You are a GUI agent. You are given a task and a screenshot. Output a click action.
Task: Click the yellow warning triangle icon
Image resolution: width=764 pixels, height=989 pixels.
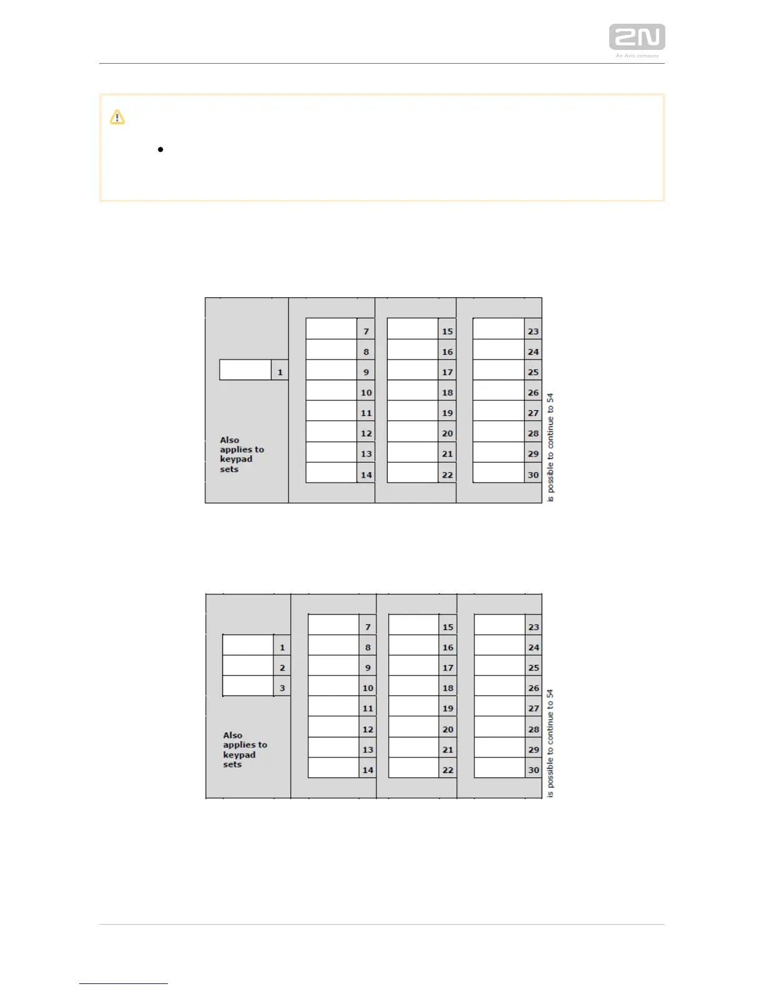tap(117, 117)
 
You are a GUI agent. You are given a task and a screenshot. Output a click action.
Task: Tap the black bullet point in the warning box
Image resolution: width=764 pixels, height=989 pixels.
tap(161, 150)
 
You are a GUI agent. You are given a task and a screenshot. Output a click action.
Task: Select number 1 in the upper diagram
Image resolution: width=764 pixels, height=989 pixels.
tap(280, 372)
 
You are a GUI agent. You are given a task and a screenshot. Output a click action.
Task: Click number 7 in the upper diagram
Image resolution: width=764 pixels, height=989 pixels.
tap(366, 332)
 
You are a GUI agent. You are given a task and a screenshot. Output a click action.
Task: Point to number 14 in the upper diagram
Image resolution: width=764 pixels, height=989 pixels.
tap(366, 475)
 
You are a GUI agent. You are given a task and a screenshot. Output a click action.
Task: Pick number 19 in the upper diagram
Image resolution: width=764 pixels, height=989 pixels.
tap(448, 413)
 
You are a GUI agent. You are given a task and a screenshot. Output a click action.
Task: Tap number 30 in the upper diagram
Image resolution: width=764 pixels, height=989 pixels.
tap(533, 475)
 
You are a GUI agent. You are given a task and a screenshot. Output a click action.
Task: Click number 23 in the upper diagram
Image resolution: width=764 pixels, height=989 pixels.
tap(533, 332)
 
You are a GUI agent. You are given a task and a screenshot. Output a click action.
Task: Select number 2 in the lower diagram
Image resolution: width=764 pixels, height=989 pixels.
tap(282, 668)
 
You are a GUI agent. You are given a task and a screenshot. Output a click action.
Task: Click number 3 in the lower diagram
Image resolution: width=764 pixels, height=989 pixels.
tap(282, 688)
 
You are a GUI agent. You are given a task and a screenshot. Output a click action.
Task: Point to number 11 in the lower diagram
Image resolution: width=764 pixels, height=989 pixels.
tap(368, 709)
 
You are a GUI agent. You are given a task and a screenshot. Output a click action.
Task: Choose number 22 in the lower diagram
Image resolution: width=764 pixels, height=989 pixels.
tap(448, 770)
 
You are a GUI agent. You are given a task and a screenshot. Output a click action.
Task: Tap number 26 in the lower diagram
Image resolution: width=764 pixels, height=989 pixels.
tap(534, 688)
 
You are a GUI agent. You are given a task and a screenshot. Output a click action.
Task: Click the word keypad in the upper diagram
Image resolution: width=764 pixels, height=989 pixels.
tap(236, 459)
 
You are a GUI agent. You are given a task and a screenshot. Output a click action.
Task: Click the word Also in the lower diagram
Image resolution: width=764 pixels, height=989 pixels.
tap(233, 736)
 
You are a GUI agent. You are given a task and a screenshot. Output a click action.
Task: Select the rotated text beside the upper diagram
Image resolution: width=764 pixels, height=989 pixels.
tap(551, 447)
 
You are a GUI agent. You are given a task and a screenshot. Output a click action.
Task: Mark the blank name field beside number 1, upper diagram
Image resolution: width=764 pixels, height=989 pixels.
tap(245, 370)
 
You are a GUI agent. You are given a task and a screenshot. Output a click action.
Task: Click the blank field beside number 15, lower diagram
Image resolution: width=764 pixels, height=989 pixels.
tap(414, 625)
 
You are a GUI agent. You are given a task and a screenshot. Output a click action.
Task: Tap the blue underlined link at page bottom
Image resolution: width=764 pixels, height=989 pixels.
tap(124, 983)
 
